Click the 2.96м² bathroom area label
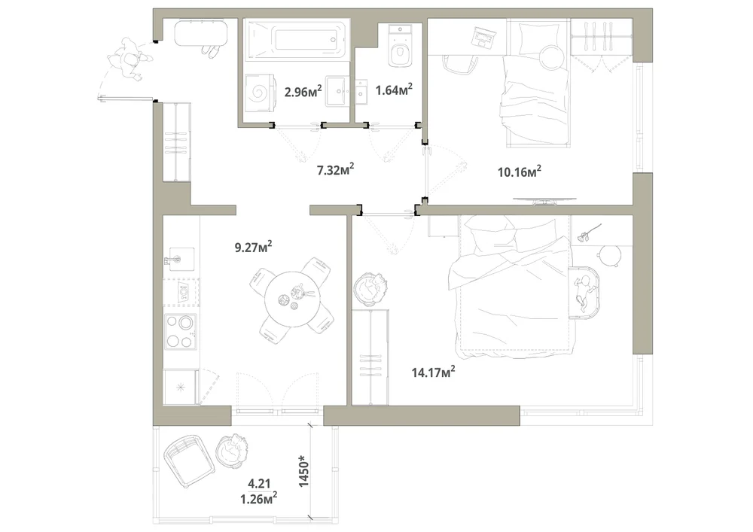[x=303, y=90]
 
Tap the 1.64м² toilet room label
[x=394, y=90]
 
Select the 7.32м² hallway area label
[x=336, y=170]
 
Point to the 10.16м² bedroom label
[x=520, y=172]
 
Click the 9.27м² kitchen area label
[x=254, y=247]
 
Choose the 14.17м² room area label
[x=434, y=372]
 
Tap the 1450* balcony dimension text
[x=304, y=471]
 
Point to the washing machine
[x=259, y=91]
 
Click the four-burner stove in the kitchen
[x=180, y=331]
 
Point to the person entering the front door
[x=129, y=59]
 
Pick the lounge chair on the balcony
[x=189, y=461]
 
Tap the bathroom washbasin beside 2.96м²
[x=340, y=90]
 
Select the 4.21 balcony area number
[x=259, y=482]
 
